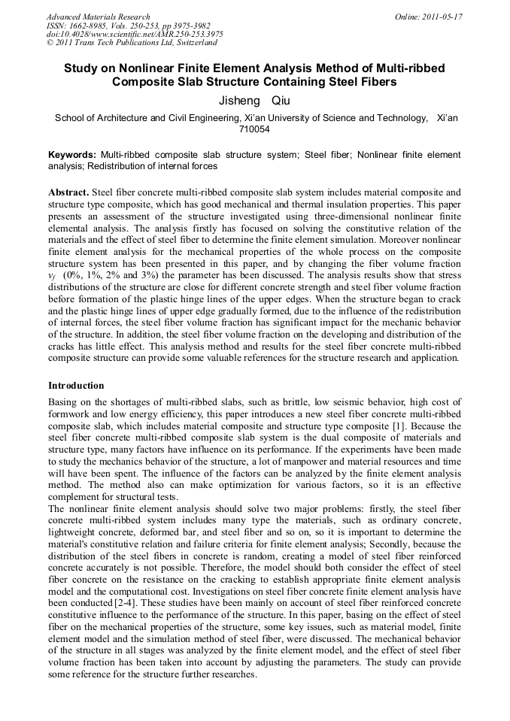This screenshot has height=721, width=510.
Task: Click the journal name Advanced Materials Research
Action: pos(98,17)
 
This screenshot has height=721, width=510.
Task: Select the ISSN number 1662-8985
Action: pos(89,26)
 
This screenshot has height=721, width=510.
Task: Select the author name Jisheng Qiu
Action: pos(253,101)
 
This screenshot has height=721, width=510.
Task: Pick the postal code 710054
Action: pos(254,129)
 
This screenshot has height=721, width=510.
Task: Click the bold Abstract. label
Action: pos(68,192)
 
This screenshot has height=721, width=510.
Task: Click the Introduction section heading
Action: pos(76,386)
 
